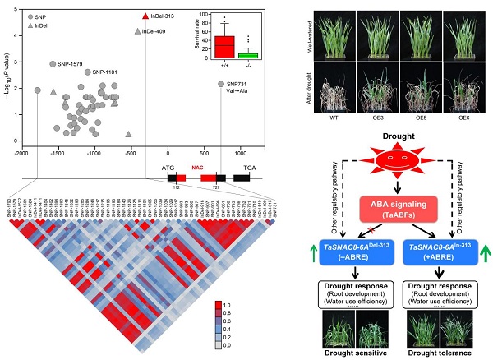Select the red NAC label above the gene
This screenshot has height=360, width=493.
coord(197,164)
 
